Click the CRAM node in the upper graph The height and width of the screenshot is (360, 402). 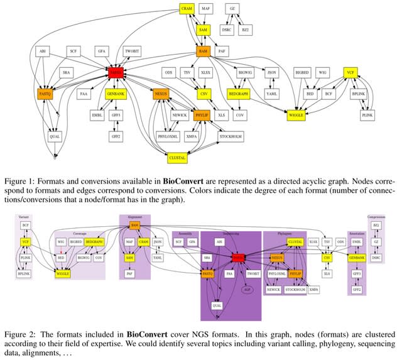coord(187,9)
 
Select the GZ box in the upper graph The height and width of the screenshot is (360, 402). coord(233,8)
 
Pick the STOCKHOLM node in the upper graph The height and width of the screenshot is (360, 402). coord(231,136)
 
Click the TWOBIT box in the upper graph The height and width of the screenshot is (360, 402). coord(131,50)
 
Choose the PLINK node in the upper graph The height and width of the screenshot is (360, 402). coord(368,116)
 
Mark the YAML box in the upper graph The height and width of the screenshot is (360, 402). coord(271,94)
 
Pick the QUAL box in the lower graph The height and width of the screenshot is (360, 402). coord(217,306)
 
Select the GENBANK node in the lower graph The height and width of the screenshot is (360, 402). coord(357,258)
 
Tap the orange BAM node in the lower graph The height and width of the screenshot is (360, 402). coord(134,225)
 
